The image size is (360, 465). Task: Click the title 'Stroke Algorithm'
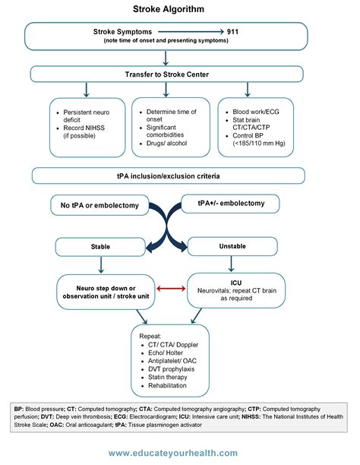(x=179, y=10)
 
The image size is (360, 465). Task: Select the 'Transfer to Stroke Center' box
(x=179, y=74)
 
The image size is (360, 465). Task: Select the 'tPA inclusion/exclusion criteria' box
(x=179, y=176)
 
